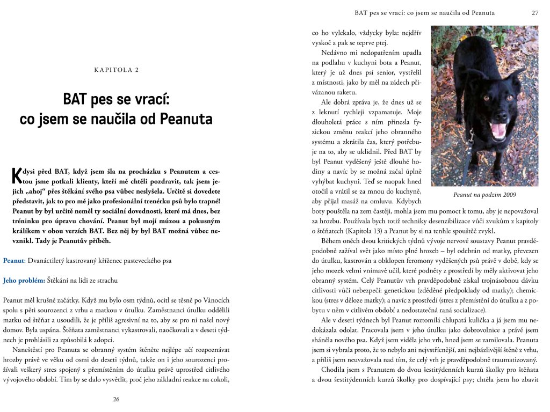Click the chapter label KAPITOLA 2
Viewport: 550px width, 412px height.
116,70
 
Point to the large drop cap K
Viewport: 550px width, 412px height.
16,175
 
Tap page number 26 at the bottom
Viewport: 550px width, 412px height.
116,399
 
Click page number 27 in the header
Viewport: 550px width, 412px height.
535,12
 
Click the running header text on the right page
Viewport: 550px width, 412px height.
425,12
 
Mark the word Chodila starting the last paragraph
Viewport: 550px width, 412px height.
334,370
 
